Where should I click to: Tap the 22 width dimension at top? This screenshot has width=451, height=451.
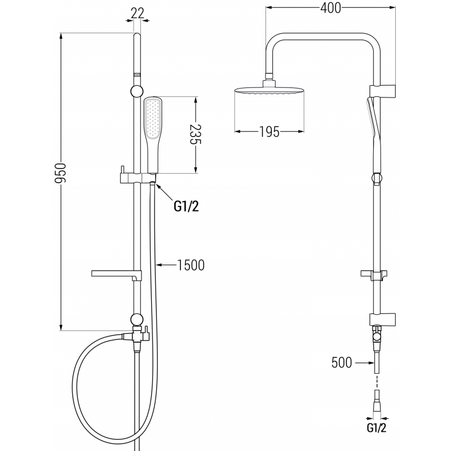click(x=135, y=13)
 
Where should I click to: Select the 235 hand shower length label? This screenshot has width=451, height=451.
click(x=195, y=136)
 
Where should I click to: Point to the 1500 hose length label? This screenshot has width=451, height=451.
click(x=191, y=265)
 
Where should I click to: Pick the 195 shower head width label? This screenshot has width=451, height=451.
click(x=269, y=132)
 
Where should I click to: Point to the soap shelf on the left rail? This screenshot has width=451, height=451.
click(x=113, y=275)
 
